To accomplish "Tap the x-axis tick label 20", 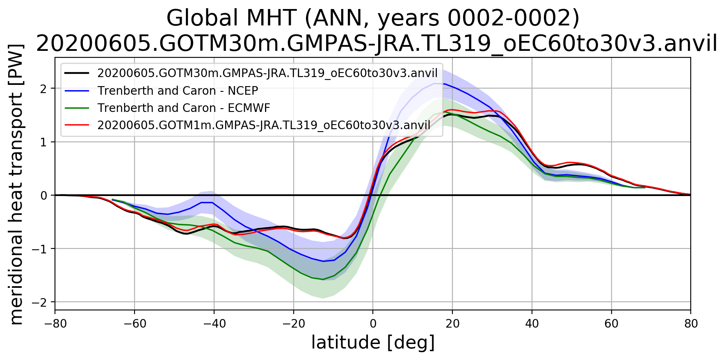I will [452, 324].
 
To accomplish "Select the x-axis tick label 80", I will [691, 324].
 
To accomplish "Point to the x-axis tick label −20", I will [293, 324].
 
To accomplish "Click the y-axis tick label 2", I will [43, 89].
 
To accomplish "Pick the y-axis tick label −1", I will [40, 249].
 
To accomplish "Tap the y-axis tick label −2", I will [40, 302].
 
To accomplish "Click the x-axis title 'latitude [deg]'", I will [372, 343].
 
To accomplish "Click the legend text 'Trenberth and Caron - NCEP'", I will [178, 91].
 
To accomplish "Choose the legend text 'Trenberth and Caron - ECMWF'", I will [184, 108].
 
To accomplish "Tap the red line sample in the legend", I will [77, 125].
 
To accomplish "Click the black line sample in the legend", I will [77, 73].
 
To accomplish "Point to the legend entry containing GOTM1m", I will [263, 125].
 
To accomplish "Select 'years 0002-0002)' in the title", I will [478, 18].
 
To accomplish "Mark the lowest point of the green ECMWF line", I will [323, 280].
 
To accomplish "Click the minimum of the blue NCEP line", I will [323, 261].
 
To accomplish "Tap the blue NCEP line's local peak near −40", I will [207, 203].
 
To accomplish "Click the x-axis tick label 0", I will [372, 324].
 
